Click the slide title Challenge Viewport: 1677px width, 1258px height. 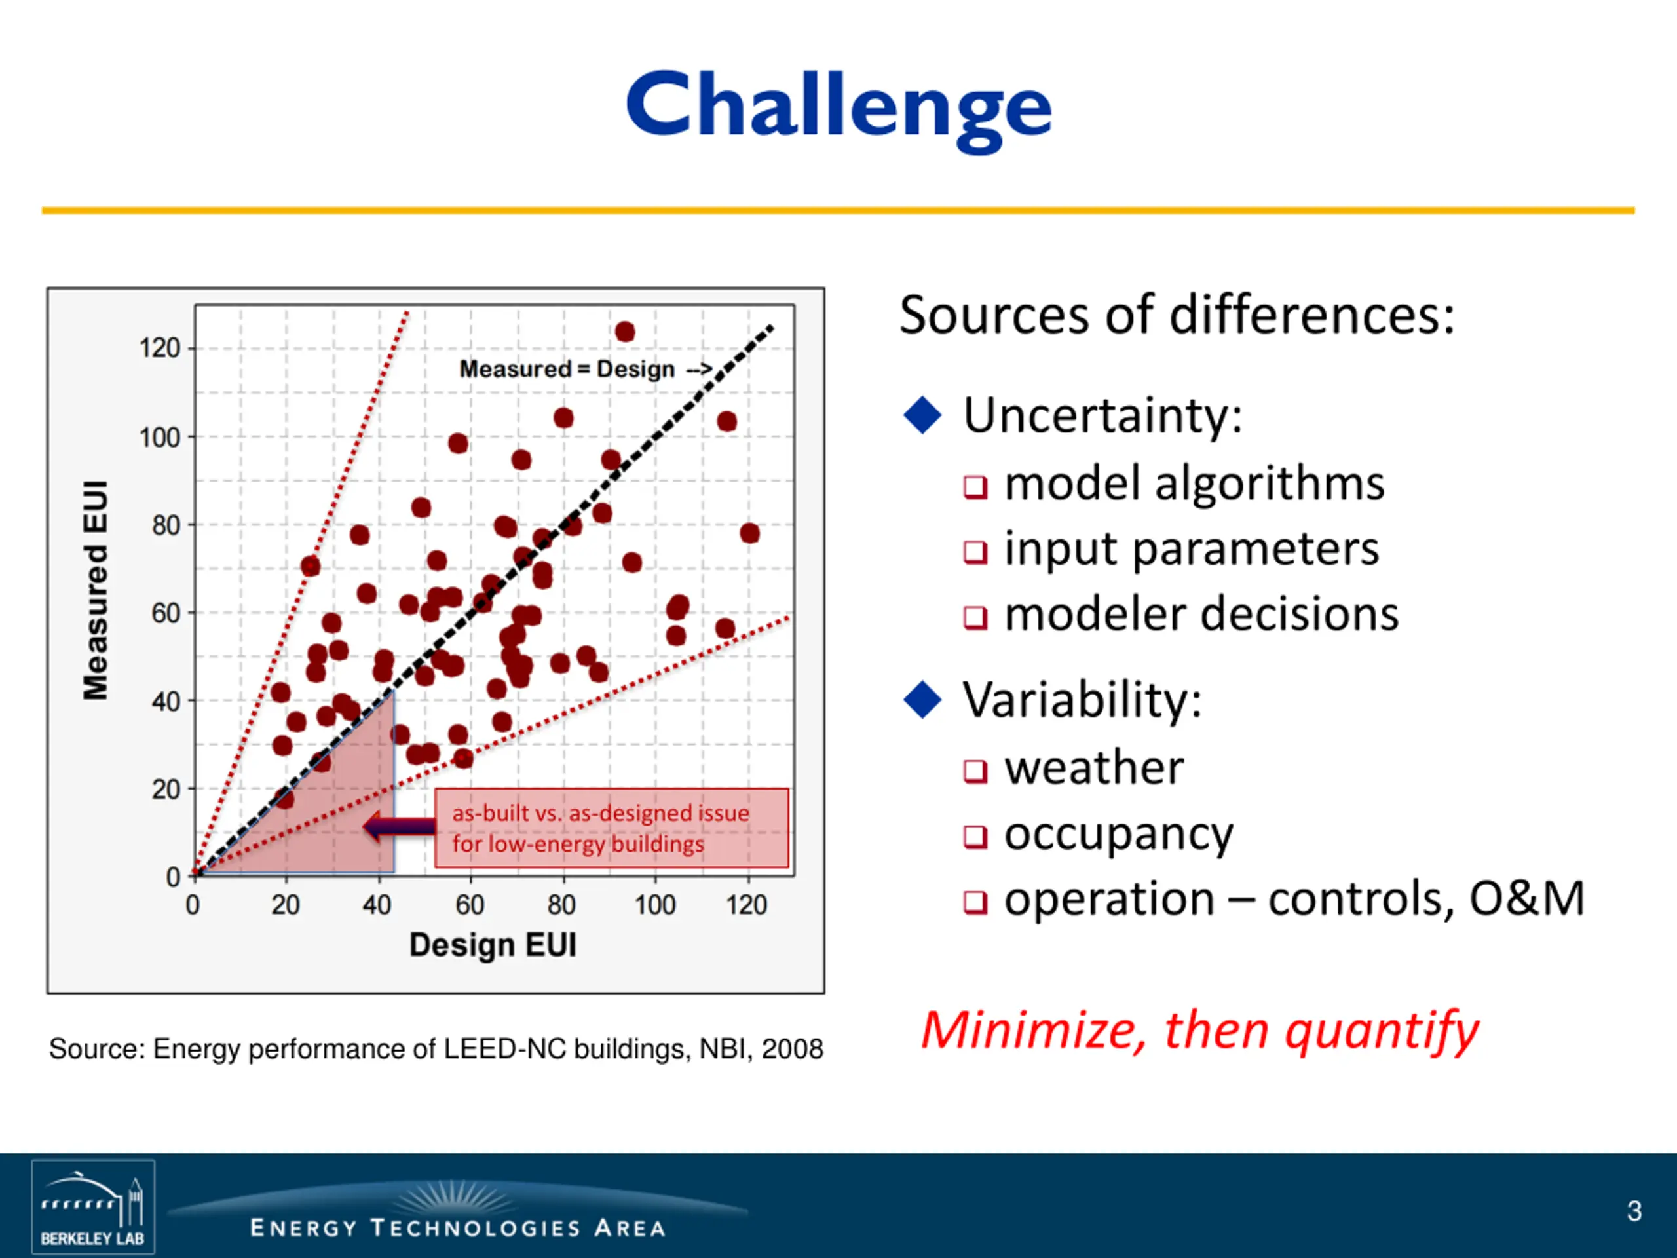[x=838, y=107]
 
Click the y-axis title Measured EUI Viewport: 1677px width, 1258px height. [x=96, y=590]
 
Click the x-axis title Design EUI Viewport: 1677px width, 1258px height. [x=493, y=945]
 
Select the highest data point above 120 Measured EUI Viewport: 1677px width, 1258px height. [x=625, y=332]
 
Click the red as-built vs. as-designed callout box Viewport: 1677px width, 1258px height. [x=612, y=828]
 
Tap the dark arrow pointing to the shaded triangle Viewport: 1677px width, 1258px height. [x=399, y=826]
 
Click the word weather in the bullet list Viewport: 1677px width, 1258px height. [x=1094, y=767]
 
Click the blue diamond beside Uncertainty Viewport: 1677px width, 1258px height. [x=922, y=415]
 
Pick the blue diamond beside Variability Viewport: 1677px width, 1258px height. [x=922, y=699]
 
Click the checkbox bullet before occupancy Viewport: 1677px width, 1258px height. [x=975, y=837]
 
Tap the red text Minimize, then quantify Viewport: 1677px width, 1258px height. [x=1199, y=1031]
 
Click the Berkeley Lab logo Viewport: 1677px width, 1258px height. [x=93, y=1206]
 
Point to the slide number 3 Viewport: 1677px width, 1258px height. [x=1634, y=1211]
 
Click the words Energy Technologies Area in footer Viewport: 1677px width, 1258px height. [x=458, y=1228]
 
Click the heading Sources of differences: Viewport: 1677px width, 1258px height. [x=1177, y=314]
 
